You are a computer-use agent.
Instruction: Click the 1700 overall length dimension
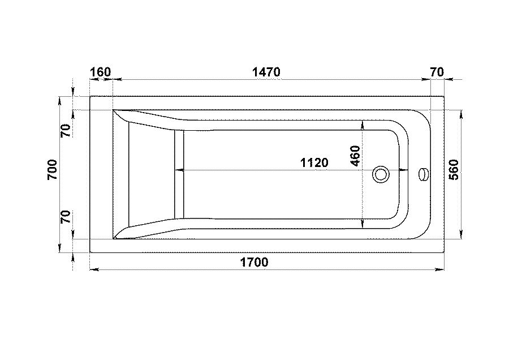[x=254, y=262]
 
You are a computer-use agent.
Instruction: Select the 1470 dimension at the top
[x=266, y=72]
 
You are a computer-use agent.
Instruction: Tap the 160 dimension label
[x=100, y=72]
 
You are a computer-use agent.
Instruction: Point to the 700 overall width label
[x=52, y=170]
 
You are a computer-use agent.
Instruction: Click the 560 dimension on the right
[x=454, y=170]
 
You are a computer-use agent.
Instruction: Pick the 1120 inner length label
[x=314, y=162]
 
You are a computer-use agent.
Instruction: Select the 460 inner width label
[x=356, y=156]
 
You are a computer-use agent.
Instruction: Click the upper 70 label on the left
[x=66, y=131]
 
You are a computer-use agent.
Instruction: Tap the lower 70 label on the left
[x=66, y=217]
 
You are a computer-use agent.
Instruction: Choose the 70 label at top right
[x=437, y=72]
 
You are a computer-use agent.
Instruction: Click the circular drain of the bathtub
[x=381, y=174]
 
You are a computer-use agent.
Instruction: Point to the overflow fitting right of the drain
[x=424, y=174]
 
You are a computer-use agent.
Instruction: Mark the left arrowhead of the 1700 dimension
[x=94, y=269]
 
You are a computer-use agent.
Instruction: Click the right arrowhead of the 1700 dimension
[x=439, y=269]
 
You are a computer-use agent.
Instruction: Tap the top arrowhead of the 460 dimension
[x=363, y=125]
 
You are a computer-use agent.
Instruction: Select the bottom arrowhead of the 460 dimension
[x=363, y=224]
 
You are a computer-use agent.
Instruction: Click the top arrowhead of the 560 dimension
[x=461, y=115]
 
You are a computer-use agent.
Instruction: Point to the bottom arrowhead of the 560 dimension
[x=461, y=234]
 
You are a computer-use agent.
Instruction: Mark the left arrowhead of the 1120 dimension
[x=179, y=170]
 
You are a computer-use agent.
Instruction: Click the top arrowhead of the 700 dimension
[x=59, y=101]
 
